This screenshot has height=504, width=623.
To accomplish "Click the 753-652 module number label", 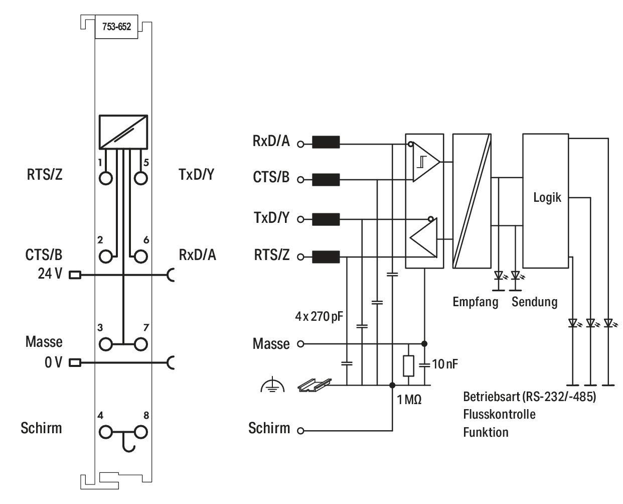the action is click(x=116, y=27).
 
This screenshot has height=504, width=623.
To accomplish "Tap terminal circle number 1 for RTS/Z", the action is click(x=105, y=178).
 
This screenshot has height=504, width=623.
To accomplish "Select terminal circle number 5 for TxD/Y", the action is click(x=140, y=178).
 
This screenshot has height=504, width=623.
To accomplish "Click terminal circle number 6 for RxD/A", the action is click(x=140, y=257).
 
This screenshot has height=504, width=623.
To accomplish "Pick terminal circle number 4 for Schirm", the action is click(x=105, y=432).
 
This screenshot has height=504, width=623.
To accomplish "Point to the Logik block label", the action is click(x=547, y=198).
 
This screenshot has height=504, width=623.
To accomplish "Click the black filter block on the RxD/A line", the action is click(x=326, y=142).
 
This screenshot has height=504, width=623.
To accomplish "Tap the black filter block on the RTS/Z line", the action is click(x=326, y=257).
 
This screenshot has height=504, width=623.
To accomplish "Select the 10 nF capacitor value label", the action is click(x=444, y=364).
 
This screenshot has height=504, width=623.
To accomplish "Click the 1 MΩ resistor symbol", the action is click(x=408, y=366).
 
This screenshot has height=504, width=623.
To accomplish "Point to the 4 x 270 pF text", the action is click(x=319, y=316).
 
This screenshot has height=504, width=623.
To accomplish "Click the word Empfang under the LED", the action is click(x=476, y=302).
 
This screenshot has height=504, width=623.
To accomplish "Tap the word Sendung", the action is click(x=534, y=302).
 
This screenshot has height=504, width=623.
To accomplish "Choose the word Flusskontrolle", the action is click(x=499, y=414).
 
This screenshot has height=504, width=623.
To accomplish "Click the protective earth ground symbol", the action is click(x=272, y=385).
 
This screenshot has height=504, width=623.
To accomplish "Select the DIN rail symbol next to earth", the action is click(x=315, y=385).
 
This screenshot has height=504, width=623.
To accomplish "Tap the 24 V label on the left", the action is click(x=50, y=274).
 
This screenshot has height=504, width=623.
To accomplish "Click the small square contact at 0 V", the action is click(x=75, y=363).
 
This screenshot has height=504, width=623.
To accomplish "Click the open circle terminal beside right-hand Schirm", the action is click(x=300, y=431).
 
